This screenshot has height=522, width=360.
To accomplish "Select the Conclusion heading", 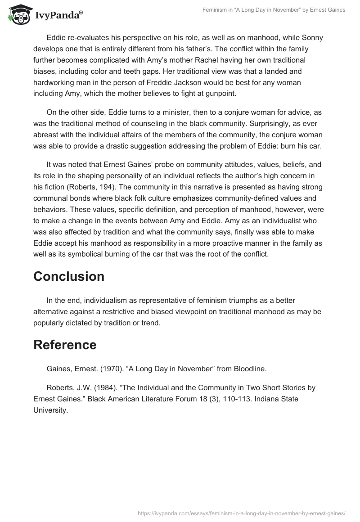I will (69, 276).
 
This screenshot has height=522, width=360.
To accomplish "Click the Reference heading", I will (65, 345).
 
